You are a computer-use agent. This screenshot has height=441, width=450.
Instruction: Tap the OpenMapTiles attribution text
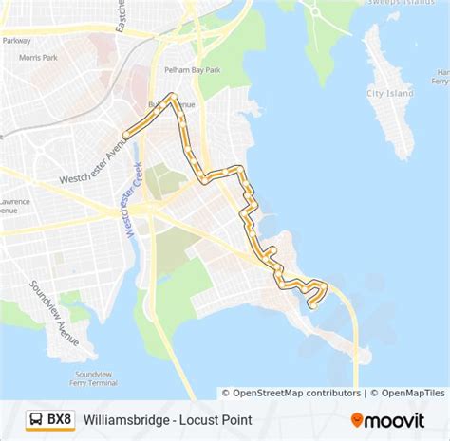(x=410, y=393)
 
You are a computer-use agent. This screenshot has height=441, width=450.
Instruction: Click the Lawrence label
(x=14, y=202)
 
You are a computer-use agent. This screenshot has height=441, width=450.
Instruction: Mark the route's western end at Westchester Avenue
(x=125, y=137)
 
